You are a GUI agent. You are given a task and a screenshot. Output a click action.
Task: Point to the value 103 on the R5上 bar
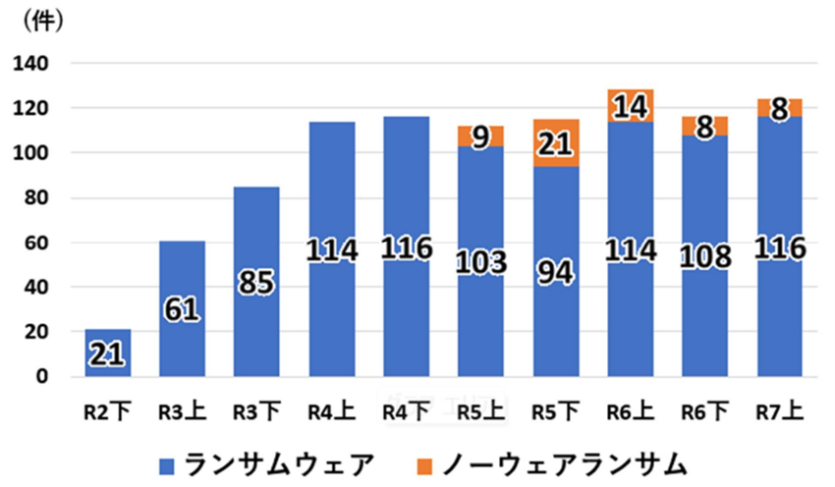pos(480,263)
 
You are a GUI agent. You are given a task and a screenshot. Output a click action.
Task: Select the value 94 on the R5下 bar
pos(555,269)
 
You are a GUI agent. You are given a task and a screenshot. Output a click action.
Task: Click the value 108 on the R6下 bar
pos(705,257)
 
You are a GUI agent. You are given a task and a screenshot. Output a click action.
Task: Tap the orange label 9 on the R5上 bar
pos(481,136)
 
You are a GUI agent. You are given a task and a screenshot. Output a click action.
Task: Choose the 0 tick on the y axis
pos(44,377)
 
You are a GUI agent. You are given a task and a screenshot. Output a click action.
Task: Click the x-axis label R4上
pos(331,411)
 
